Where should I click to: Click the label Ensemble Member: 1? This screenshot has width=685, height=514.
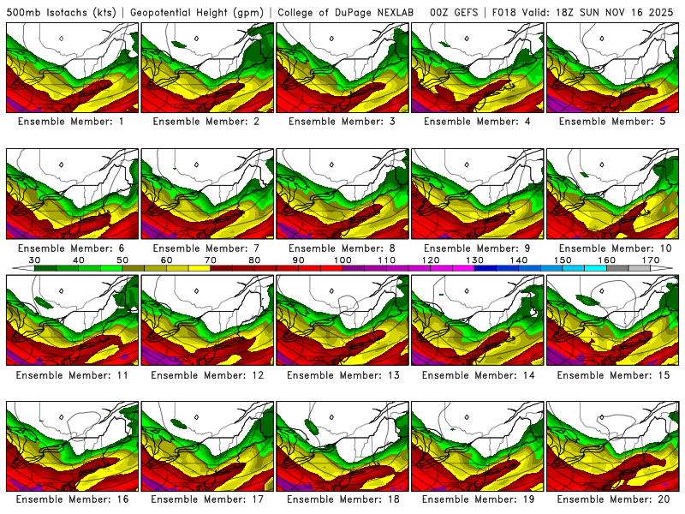point(73,122)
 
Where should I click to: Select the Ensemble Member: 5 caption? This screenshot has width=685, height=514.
point(614,122)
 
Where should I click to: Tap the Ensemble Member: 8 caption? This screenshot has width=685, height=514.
point(343,248)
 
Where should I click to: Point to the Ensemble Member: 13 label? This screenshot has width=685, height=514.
point(343,375)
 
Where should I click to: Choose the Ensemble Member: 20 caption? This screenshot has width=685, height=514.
point(614,499)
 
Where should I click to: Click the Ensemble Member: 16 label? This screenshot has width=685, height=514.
point(73,499)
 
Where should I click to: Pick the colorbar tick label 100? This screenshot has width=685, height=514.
point(342,260)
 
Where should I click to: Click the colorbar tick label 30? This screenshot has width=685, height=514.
point(35,260)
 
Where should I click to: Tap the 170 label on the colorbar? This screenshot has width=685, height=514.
point(651,260)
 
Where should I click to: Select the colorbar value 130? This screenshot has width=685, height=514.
point(474,260)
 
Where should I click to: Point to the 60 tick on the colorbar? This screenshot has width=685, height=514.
point(166,260)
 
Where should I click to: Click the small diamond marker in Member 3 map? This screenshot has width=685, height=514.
point(331,38)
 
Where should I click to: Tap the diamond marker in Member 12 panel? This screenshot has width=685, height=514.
point(196,290)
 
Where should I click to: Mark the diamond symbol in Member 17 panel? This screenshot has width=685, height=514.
point(196,417)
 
